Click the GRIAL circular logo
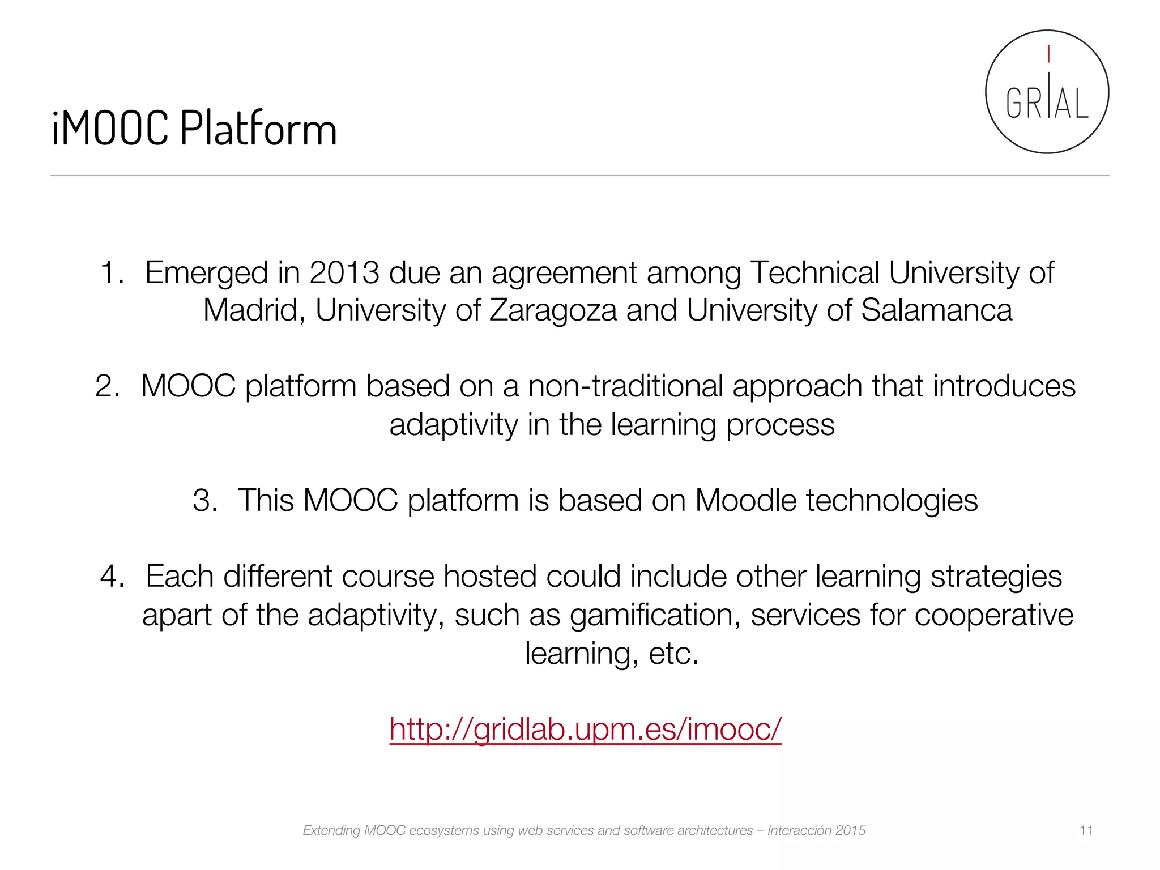click(1047, 92)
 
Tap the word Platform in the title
click(258, 128)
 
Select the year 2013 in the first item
click(344, 273)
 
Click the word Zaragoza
click(553, 310)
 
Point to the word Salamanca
click(936, 310)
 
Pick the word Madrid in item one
click(254, 310)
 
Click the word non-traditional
click(625, 386)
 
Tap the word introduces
click(1004, 386)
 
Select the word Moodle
click(746, 501)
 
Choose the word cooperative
click(993, 616)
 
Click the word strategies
click(996, 577)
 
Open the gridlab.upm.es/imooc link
click(585, 729)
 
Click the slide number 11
click(1086, 830)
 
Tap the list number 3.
click(204, 501)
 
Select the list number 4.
click(112, 577)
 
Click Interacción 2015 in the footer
click(816, 830)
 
